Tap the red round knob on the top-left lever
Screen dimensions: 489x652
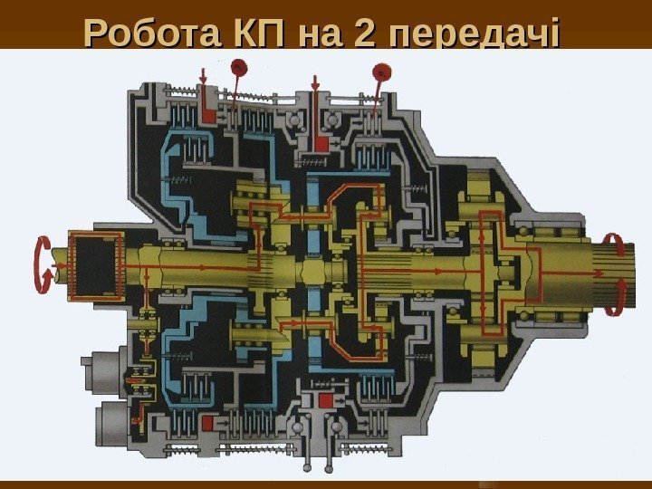(239, 66)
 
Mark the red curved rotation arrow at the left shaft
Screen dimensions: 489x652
(40, 264)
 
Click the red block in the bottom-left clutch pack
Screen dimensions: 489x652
(208, 423)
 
